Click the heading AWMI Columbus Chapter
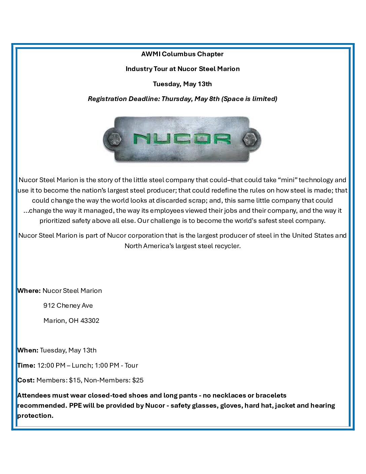pyautogui.click(x=182, y=54)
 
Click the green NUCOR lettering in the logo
pyautogui.click(x=182, y=139)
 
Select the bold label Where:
pyautogui.click(x=29, y=291)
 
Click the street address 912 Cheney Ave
pyautogui.click(x=68, y=305)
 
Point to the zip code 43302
pyautogui.click(x=90, y=320)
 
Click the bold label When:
pyautogui.click(x=28, y=350)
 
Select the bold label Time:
pyautogui.click(x=26, y=365)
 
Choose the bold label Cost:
pyautogui.click(x=26, y=380)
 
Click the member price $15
pyautogui.click(x=75, y=380)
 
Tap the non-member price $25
pyautogui.click(x=138, y=380)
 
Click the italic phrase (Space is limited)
pyautogui.click(x=249, y=99)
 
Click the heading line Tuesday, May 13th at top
pyautogui.click(x=182, y=84)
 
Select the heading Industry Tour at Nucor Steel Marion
pyautogui.click(x=182, y=69)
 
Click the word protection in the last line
pyautogui.click(x=35, y=415)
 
